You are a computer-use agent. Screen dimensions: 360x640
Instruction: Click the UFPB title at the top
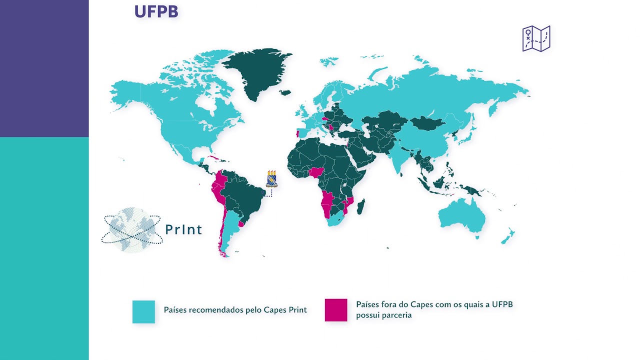156,12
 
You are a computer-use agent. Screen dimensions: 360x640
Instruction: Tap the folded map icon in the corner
536,38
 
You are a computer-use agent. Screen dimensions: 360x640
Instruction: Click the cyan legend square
143,311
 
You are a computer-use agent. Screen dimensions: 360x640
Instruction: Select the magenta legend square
336,310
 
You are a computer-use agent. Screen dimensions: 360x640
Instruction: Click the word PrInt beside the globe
183,229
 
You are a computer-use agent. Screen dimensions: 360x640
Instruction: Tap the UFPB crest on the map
271,178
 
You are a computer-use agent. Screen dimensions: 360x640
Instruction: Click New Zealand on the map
508,236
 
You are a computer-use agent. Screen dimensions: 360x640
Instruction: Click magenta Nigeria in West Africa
316,173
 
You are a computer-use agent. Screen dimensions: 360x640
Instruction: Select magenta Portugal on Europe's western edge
298,133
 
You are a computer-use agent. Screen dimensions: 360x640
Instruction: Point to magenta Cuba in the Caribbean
215,158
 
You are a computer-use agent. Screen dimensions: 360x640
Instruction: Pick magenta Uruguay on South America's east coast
241,224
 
